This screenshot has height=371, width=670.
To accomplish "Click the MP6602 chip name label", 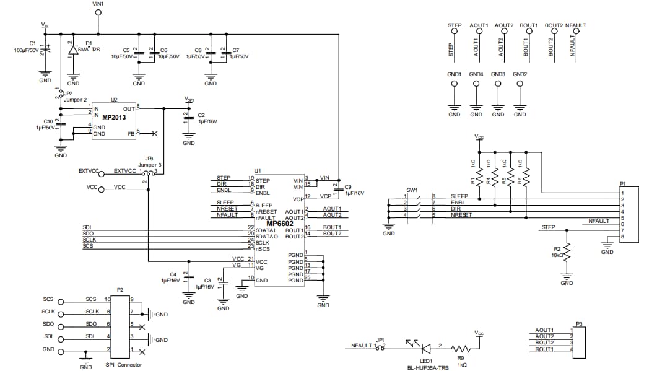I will coord(280,224).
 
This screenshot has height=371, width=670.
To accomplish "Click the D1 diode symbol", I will coord(73,50).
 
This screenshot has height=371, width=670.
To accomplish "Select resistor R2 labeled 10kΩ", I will coord(567,251).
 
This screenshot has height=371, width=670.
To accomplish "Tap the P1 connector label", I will coord(622,183).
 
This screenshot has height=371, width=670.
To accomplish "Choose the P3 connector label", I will coord(579,324).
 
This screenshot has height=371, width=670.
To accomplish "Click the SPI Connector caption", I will coord(124,365).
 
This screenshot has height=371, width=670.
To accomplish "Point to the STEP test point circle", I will coord(455,34).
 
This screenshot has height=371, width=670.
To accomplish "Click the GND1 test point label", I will coord(454,74).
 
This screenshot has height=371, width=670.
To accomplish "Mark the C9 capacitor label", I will coord(348,186).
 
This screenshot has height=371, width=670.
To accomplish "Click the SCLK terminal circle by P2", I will coord(61,312).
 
